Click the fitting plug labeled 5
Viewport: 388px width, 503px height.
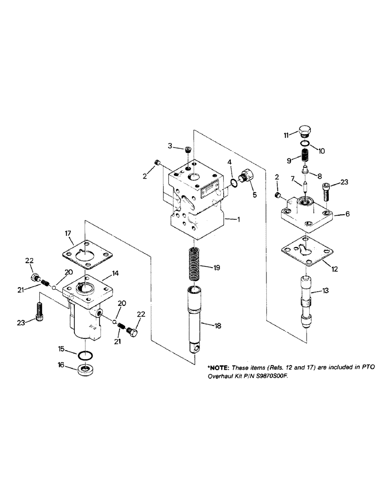pyautogui.click(x=247, y=178)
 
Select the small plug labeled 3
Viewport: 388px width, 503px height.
pyautogui.click(x=188, y=149)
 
